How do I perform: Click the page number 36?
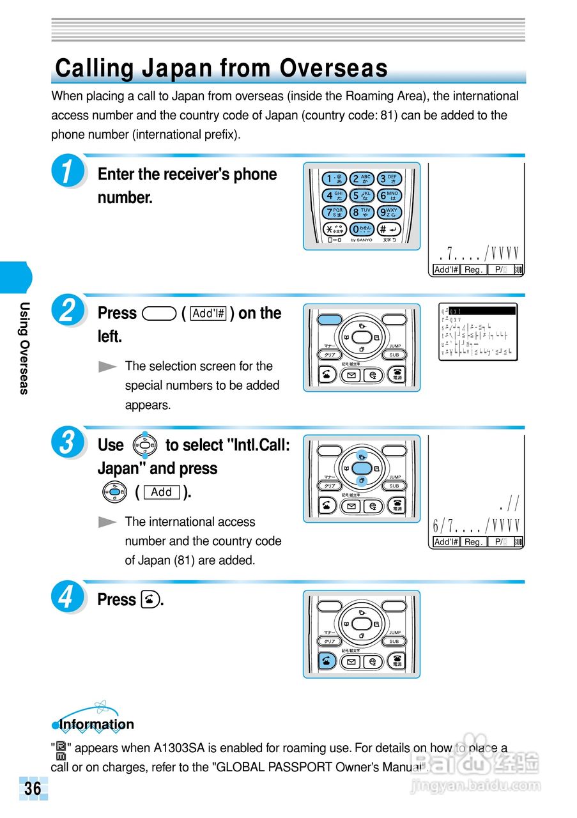coord(33,789)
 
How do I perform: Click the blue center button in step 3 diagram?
coord(362,467)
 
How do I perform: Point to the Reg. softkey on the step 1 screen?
coord(473,270)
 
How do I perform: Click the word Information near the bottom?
coord(96,725)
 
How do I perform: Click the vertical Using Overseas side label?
coord(24,348)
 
